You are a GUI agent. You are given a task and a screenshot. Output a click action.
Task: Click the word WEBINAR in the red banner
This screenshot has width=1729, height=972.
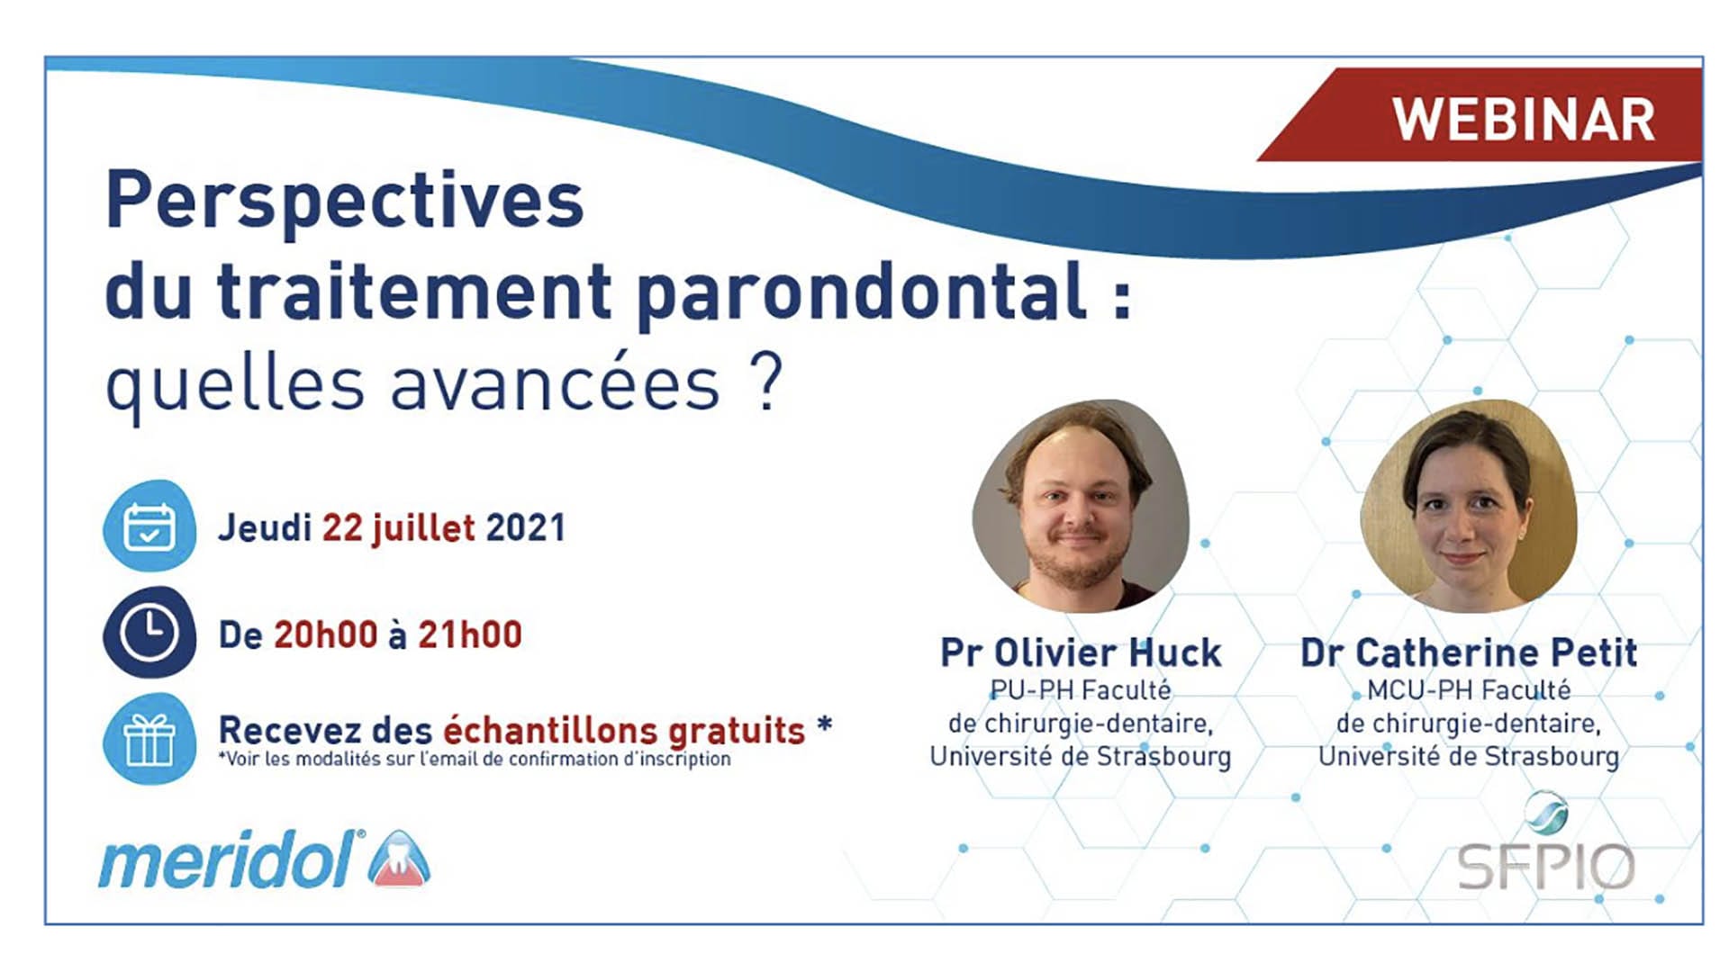point(1524,120)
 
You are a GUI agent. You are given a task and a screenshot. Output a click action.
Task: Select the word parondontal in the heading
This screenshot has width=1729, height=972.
point(862,293)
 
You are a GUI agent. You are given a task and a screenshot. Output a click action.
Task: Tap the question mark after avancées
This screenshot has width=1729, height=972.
point(766,384)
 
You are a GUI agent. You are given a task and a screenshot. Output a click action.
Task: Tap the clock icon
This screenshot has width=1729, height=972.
point(149,632)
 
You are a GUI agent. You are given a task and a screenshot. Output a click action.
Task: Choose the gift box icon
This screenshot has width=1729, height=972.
point(149,739)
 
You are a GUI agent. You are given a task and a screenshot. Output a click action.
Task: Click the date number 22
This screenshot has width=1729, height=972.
point(342,528)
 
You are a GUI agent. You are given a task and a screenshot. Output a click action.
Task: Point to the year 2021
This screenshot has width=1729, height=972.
point(526,528)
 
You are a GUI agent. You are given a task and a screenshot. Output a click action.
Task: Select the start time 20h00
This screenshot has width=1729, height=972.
point(326,635)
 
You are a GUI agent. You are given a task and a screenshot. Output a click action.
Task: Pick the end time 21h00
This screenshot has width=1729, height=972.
point(470,635)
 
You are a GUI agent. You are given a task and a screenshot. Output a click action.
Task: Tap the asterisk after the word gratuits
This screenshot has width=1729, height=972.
point(824,724)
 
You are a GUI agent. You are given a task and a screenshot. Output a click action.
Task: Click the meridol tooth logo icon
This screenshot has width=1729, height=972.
point(399,859)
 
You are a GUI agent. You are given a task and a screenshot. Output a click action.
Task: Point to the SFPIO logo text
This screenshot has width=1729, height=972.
point(1545,867)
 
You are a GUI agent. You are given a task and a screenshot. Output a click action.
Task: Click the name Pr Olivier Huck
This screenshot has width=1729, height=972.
point(1081,652)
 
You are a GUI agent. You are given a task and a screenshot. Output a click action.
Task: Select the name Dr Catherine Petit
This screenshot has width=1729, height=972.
point(1469,652)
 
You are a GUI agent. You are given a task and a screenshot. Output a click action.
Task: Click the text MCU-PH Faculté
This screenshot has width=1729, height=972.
point(1469,690)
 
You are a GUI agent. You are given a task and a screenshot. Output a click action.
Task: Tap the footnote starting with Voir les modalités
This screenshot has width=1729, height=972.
point(475,760)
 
